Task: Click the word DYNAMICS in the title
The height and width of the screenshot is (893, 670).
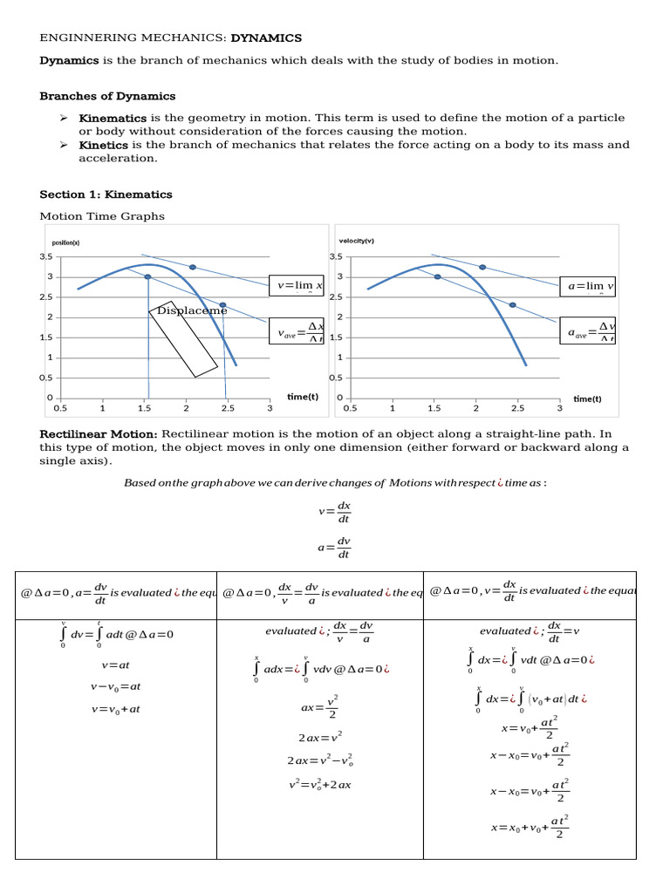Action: (266, 37)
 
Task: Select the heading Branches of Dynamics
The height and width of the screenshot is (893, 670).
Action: (107, 96)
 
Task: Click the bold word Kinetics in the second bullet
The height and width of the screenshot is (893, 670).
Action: (104, 145)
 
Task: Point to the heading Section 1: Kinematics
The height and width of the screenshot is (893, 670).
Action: (106, 194)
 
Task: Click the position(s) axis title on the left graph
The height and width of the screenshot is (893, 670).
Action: (66, 243)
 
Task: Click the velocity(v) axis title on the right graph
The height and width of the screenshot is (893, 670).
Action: (356, 242)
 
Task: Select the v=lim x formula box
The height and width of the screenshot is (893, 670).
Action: (297, 286)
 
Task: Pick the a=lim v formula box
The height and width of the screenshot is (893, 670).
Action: (589, 286)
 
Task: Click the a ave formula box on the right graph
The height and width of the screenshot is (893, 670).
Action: (589, 332)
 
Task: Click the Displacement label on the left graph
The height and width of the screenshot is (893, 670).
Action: (191, 310)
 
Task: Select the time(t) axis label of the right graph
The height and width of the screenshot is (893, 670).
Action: (587, 399)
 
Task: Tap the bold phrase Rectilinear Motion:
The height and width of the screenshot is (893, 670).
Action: (98, 434)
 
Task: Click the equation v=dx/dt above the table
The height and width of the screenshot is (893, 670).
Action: (336, 511)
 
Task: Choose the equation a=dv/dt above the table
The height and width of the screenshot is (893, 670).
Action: (336, 547)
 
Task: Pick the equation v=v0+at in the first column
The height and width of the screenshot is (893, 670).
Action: (115, 709)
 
